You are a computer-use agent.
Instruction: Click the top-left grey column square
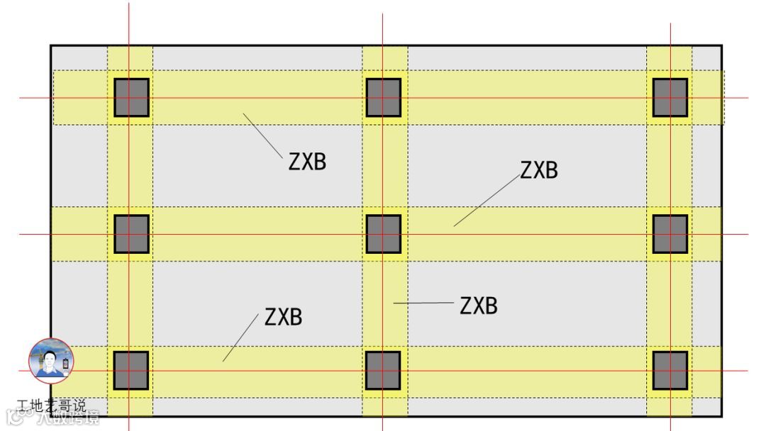(x=131, y=97)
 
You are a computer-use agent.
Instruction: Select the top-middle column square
(x=383, y=97)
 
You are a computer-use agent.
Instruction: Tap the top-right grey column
(x=670, y=97)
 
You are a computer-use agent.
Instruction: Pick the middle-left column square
(x=131, y=234)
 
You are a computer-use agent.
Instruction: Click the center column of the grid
(x=383, y=234)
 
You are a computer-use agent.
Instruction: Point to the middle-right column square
(x=670, y=234)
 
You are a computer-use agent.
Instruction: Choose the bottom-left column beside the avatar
(x=131, y=371)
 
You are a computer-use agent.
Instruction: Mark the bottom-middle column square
(x=383, y=371)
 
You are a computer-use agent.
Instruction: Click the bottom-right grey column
(x=670, y=371)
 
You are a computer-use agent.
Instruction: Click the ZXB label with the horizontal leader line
(x=479, y=306)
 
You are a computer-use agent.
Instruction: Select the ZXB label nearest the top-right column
(x=539, y=170)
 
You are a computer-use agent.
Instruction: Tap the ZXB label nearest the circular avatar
(x=283, y=317)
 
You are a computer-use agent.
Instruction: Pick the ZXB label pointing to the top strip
(x=307, y=162)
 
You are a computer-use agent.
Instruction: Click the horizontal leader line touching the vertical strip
(x=423, y=303)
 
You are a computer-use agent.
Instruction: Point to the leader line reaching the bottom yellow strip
(x=240, y=337)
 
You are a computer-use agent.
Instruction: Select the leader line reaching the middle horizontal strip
(x=487, y=201)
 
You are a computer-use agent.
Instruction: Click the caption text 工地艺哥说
(x=52, y=406)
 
